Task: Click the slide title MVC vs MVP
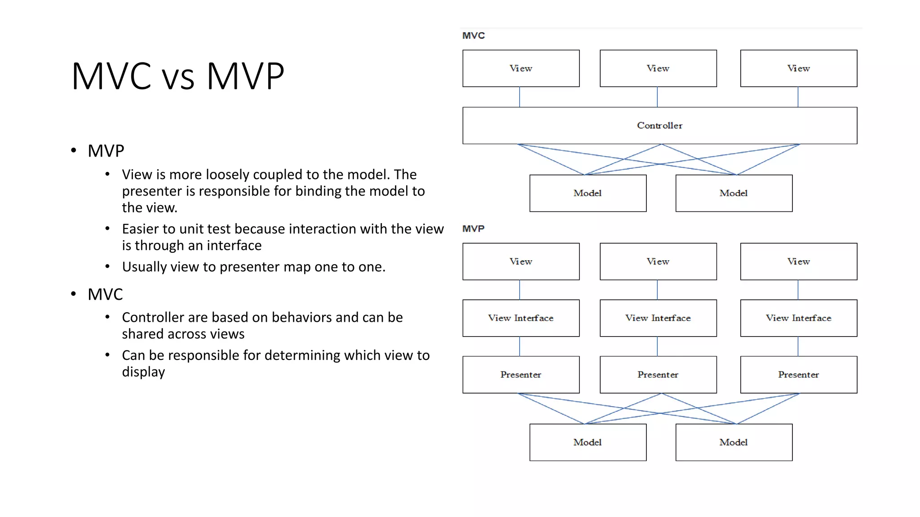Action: click(x=178, y=76)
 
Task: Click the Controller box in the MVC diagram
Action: click(x=659, y=126)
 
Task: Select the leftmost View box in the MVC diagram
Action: click(x=521, y=68)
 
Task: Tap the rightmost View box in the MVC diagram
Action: click(x=798, y=68)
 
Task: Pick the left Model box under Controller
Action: click(x=588, y=193)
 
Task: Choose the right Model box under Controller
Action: click(x=734, y=193)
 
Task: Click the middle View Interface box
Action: click(x=658, y=318)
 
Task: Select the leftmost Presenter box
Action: click(x=521, y=375)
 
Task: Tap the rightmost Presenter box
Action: click(x=798, y=375)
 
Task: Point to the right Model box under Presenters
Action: click(x=734, y=443)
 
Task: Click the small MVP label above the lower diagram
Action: click(x=473, y=229)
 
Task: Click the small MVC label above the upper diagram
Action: click(x=473, y=35)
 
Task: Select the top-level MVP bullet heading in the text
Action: click(x=106, y=151)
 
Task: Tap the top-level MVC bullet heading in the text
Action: click(x=105, y=295)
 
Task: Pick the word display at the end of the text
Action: click(x=143, y=372)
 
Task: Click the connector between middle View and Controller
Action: click(x=657, y=97)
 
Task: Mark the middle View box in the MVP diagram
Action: click(x=658, y=262)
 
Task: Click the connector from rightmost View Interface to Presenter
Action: click(x=798, y=346)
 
